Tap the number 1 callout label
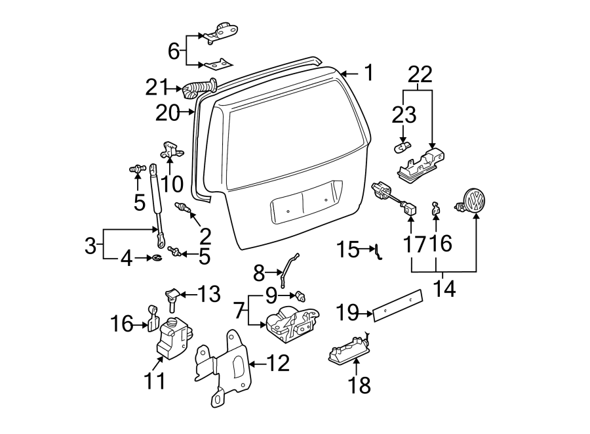(x=368, y=73)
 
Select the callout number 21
(x=157, y=87)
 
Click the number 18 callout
(x=360, y=385)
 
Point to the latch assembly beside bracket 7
(x=292, y=324)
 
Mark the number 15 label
(x=347, y=250)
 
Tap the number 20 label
(x=168, y=113)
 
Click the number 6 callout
(x=174, y=51)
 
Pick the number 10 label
(x=172, y=183)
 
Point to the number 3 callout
(x=90, y=247)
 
